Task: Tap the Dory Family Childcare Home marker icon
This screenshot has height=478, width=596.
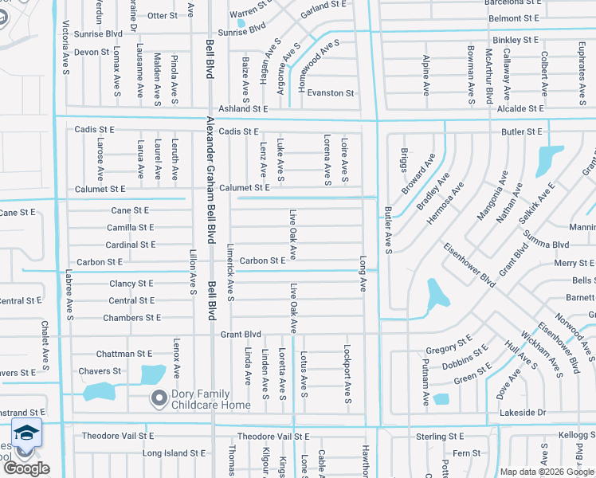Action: point(159,397)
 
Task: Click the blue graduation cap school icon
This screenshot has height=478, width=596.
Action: point(26,433)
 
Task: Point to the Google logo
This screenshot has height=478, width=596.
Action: point(26,468)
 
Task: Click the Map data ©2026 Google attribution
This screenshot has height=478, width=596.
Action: point(547,472)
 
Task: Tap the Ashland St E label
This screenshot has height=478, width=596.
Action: point(233,108)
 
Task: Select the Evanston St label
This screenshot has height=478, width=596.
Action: point(330,93)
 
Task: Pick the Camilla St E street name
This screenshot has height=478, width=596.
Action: point(130,227)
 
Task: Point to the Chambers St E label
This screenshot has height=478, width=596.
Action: point(131,318)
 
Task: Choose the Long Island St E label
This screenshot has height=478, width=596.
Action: point(174,453)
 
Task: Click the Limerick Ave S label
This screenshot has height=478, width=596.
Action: point(229,272)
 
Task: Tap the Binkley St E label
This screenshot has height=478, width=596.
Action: point(516,39)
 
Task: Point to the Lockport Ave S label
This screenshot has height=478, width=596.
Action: point(347,373)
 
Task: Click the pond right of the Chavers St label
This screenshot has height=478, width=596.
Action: point(153,373)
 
